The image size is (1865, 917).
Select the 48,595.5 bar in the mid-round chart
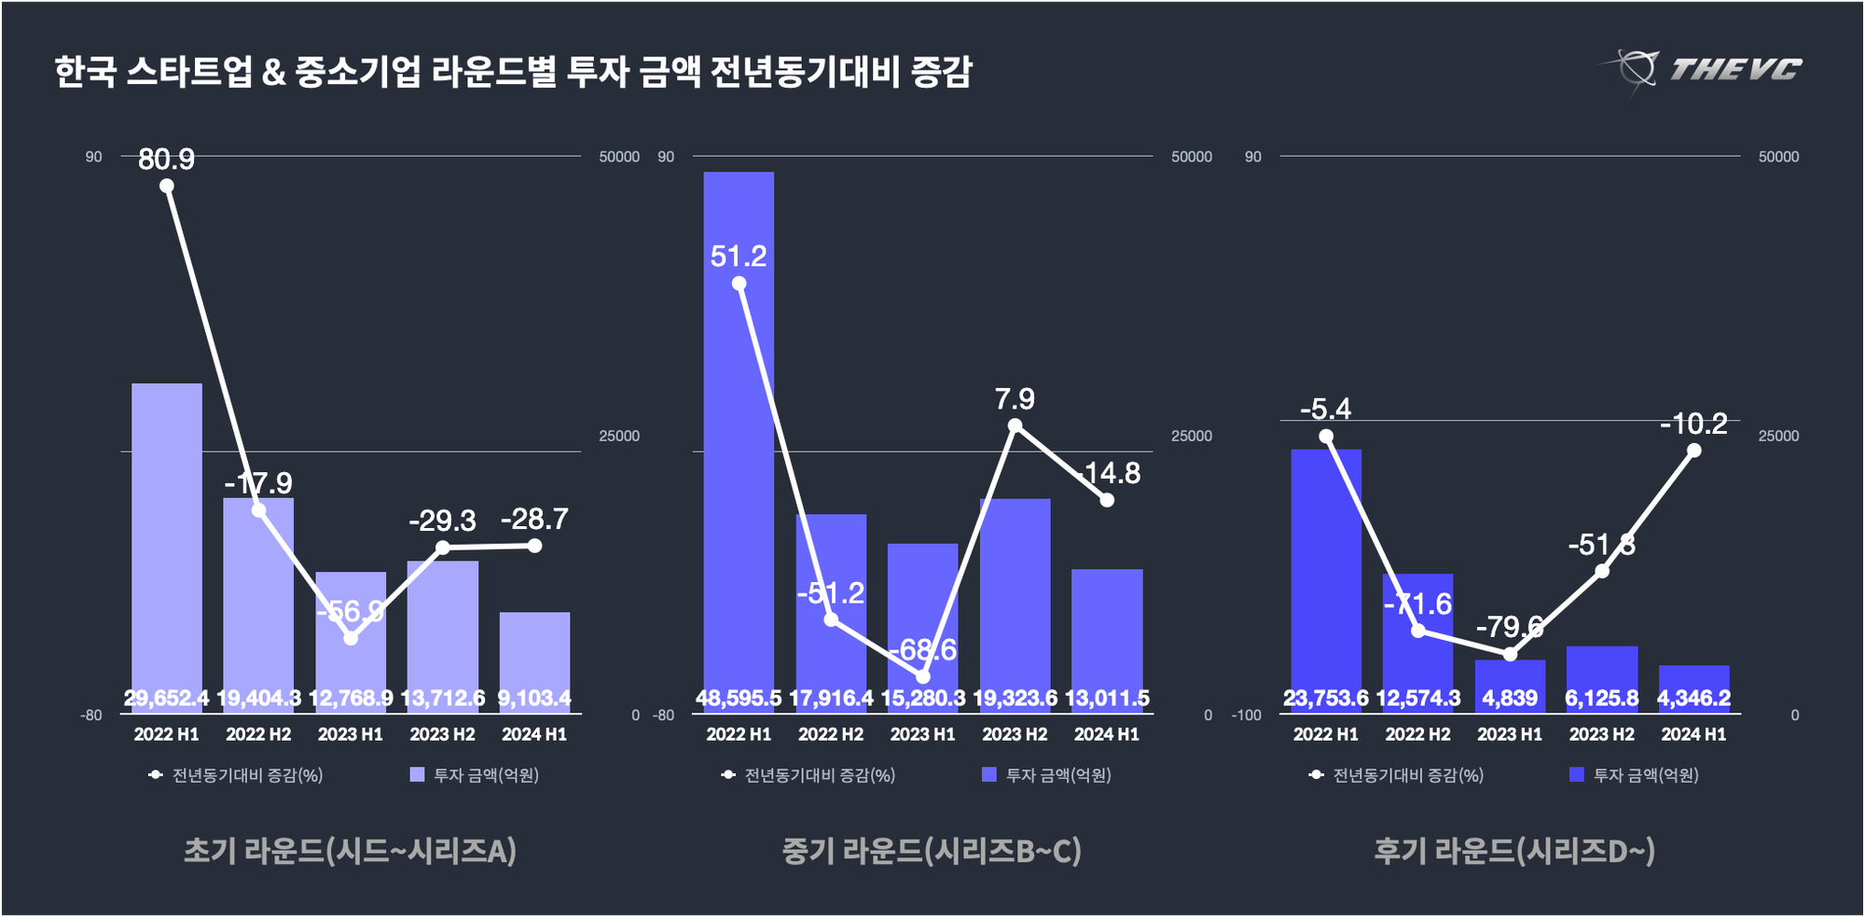[x=739, y=438]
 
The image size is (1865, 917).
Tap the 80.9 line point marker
[x=167, y=186]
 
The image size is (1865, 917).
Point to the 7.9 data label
[x=1015, y=399]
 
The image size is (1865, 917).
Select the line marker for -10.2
[x=1694, y=451]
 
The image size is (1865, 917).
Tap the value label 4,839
[x=1510, y=698]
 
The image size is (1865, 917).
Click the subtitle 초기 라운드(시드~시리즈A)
[x=350, y=850]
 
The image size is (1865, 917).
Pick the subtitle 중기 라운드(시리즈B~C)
[x=931, y=850]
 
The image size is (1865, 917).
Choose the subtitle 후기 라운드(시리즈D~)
[x=1513, y=850]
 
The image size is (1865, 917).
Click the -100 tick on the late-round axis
[x=1246, y=716]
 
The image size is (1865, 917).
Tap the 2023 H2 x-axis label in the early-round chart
[x=442, y=734]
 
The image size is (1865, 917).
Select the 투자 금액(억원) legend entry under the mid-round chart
[x=1047, y=775]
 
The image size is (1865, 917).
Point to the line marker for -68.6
[x=923, y=676]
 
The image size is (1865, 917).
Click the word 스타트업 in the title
[x=188, y=72]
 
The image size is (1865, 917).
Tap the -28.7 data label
[x=534, y=519]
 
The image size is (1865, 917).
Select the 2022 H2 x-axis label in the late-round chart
[x=1417, y=734]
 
